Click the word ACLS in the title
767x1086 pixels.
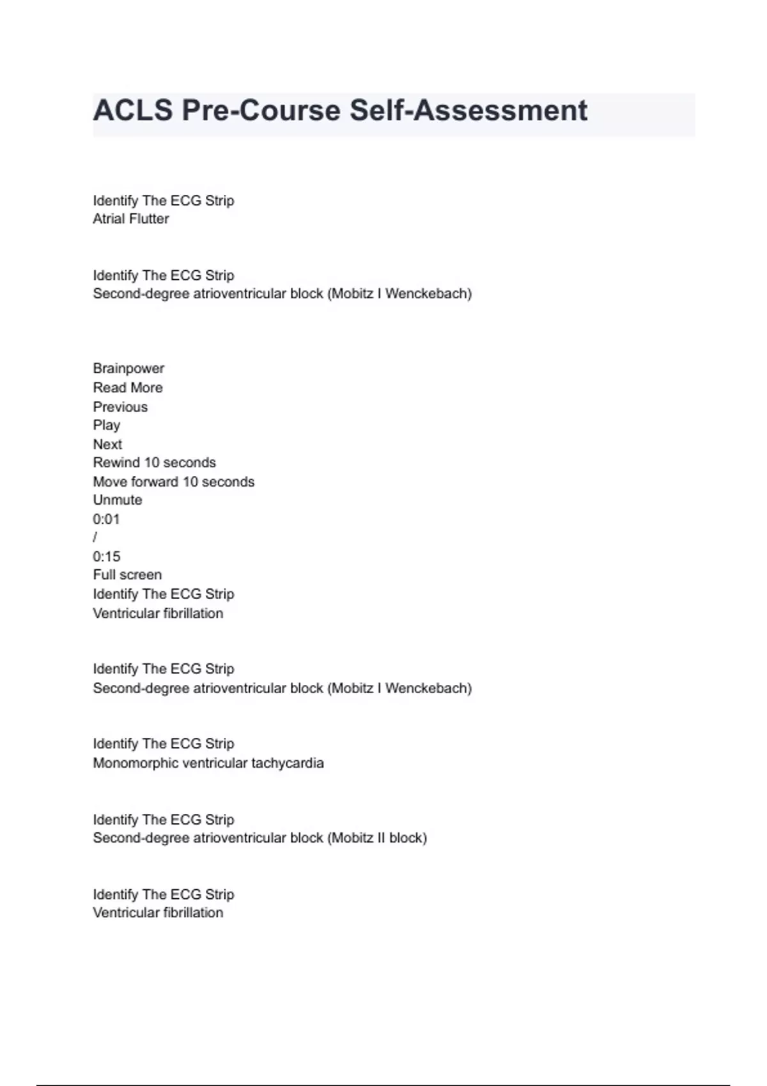click(x=133, y=111)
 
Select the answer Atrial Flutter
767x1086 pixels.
click(x=131, y=218)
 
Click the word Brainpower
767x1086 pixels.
click(x=128, y=369)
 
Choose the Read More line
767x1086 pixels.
click(x=128, y=388)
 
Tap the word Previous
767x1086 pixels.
click(x=120, y=407)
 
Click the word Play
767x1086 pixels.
click(x=106, y=425)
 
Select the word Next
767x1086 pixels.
click(x=107, y=444)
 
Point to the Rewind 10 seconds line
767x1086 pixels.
click(x=154, y=463)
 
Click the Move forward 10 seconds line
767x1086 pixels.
click(x=173, y=482)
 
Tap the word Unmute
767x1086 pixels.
click(x=118, y=500)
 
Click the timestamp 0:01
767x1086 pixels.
click(x=106, y=519)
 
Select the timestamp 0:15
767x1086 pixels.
click(x=106, y=556)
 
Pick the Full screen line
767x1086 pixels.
click(x=127, y=575)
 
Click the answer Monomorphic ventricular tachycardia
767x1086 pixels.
click(x=208, y=763)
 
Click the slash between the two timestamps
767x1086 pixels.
click(x=95, y=538)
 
